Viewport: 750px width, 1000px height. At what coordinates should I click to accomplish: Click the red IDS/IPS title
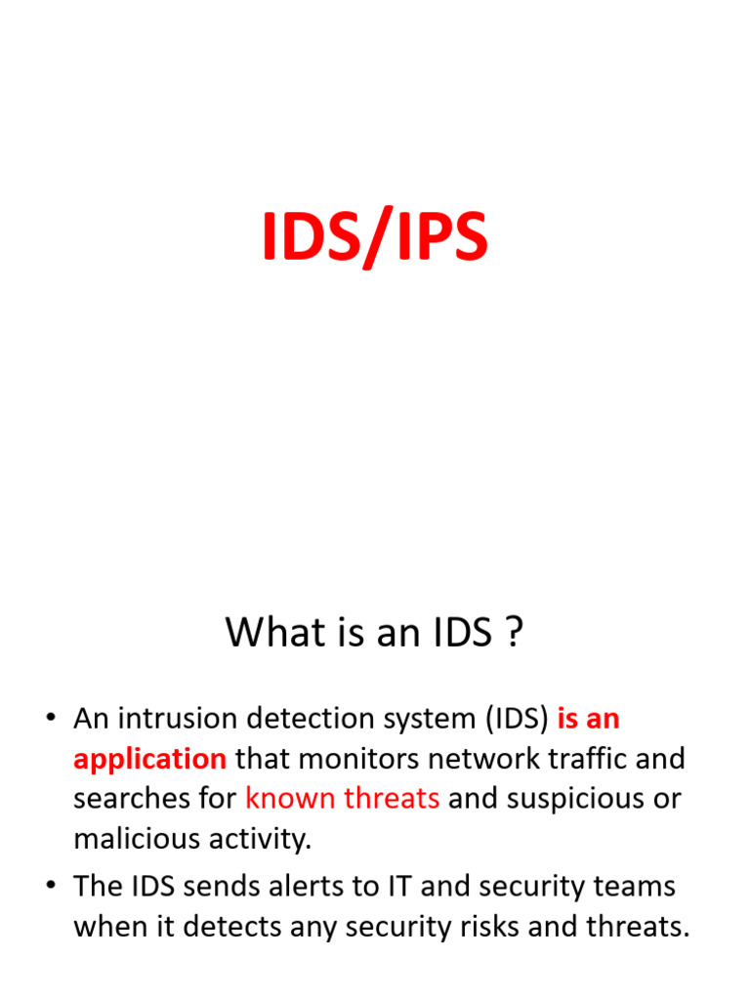374,239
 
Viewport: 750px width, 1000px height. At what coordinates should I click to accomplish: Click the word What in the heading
267,633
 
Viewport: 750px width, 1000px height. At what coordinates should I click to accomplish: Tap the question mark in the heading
514,633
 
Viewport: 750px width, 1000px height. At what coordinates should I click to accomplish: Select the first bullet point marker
50,720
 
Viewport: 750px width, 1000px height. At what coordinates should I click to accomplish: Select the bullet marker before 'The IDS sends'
50,888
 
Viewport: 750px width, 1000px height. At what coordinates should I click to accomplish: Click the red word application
149,759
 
